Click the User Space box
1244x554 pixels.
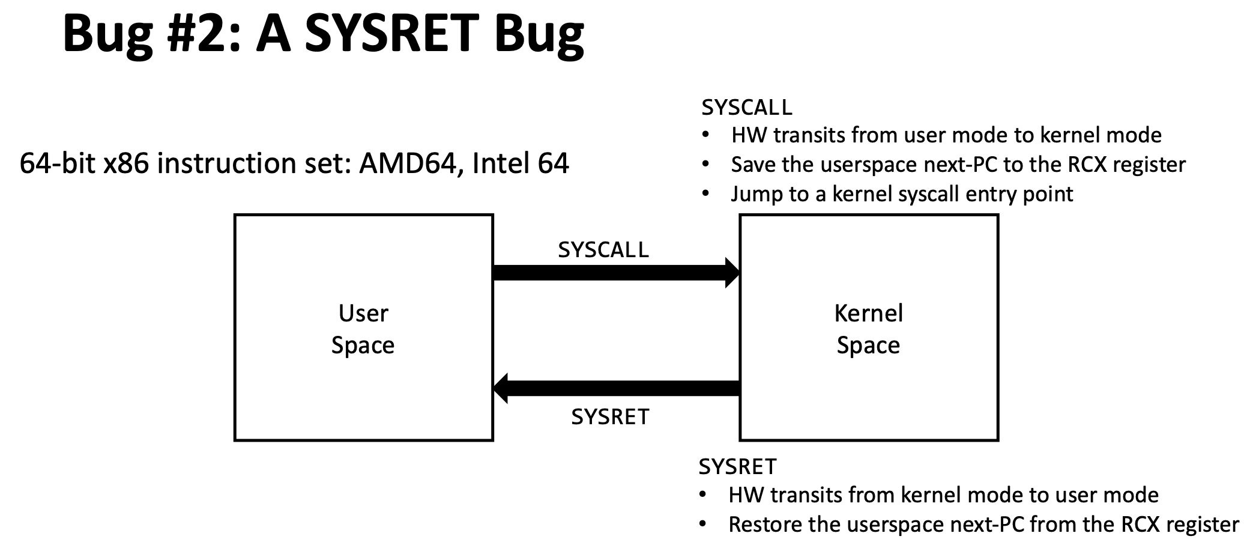click(x=363, y=328)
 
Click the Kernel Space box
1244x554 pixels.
click(x=869, y=328)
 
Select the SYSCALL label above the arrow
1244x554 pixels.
click(x=603, y=250)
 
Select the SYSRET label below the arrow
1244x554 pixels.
click(x=610, y=416)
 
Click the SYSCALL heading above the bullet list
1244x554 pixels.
click(x=746, y=108)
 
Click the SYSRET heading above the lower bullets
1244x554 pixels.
click(x=737, y=466)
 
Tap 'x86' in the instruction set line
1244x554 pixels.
click(x=125, y=163)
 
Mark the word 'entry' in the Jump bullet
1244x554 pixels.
click(x=991, y=195)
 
